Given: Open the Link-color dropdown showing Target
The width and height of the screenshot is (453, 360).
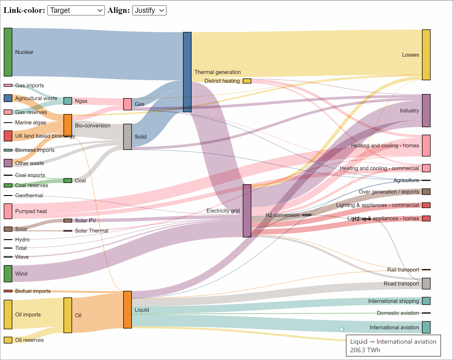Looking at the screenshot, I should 76,10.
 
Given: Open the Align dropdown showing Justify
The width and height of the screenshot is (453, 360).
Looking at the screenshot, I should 149,10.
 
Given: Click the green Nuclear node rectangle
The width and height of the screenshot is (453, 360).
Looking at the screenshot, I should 8,52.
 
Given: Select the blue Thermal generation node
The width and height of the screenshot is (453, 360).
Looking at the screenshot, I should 187,72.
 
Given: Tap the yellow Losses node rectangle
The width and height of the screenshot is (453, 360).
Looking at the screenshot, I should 426,55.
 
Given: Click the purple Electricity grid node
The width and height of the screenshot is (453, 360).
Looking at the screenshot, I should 247,211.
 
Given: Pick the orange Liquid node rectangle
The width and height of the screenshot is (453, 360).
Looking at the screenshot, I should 127,310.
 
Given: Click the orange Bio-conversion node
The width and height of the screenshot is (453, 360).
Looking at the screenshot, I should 68,125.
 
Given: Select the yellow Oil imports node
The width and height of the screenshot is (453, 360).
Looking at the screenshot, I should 8,314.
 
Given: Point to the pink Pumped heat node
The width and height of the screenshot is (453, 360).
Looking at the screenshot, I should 8,211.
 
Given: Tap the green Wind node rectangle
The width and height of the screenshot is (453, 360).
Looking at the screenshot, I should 8,273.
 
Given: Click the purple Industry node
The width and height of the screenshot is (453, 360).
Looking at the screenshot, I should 426,111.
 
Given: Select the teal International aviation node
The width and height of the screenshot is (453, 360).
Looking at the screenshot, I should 426,327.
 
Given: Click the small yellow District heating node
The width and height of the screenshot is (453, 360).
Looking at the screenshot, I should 247,81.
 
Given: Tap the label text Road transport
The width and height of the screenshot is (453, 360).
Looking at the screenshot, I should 401,284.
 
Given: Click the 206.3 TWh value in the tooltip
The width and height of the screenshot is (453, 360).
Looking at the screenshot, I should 365,350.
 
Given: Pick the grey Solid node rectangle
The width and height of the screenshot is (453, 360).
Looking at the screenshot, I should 127,136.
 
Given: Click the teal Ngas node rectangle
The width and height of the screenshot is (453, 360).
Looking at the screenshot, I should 68,101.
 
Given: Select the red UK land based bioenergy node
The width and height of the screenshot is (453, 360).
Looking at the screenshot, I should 8,136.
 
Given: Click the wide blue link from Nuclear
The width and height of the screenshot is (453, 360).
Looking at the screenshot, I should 96,53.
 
